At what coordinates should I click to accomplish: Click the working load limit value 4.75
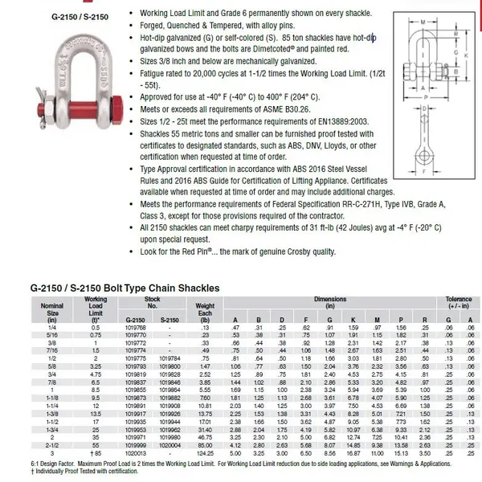(x=95, y=373)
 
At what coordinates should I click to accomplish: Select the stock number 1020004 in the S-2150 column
(x=170, y=446)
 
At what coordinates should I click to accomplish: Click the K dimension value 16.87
(x=353, y=453)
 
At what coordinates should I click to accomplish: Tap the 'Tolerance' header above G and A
(x=459, y=300)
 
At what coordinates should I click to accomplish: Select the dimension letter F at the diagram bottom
(x=434, y=199)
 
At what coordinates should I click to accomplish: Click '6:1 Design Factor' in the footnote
(x=44, y=464)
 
